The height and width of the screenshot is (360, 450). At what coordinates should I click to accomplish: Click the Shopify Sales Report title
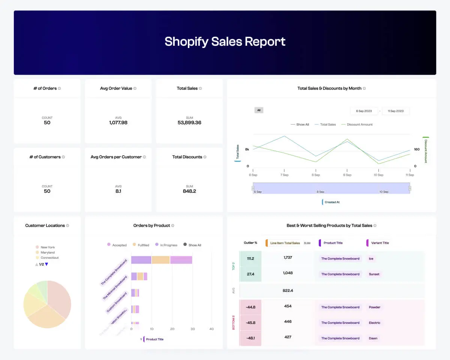[225, 41]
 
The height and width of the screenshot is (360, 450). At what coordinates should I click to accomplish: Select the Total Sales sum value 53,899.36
[189, 123]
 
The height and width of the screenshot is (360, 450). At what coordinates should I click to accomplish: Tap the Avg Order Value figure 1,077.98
[118, 123]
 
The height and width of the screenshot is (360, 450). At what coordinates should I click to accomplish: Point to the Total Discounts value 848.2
[189, 191]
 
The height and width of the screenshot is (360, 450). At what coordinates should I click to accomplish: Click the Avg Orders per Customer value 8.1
[118, 191]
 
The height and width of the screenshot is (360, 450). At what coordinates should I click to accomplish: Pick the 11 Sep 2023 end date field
[396, 111]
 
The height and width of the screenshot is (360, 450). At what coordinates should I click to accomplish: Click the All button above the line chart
[259, 110]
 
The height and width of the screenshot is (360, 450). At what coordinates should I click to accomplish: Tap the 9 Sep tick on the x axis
[347, 175]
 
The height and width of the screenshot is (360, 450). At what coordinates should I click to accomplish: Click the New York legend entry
[47, 247]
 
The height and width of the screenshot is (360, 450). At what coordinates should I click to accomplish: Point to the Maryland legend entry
[47, 252]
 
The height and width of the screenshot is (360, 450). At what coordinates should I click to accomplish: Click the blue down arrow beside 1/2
[46, 264]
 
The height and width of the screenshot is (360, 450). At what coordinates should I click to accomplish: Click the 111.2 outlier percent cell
[250, 259]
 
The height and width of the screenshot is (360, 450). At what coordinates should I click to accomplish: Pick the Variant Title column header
[379, 243]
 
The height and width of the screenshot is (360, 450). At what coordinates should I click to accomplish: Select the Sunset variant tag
[374, 274]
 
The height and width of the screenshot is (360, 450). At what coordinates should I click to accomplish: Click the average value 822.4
[288, 290]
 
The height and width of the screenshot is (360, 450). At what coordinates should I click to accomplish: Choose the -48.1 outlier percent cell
[250, 338]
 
